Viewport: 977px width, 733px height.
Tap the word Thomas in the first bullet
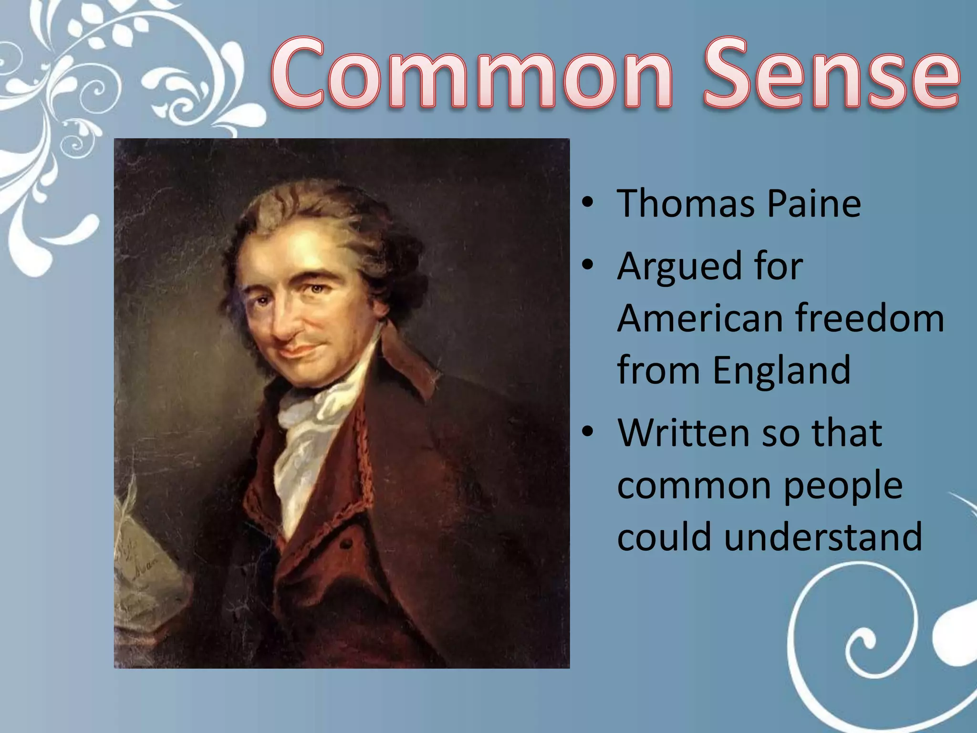[x=685, y=204]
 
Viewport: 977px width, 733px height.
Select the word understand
[x=823, y=537]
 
